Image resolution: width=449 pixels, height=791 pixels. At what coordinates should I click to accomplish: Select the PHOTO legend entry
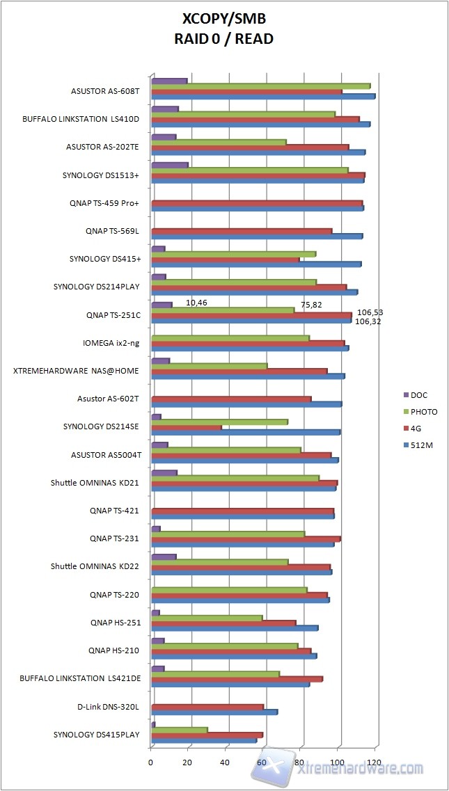pos(424,412)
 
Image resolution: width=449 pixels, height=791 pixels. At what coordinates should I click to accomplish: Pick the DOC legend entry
pos(420,394)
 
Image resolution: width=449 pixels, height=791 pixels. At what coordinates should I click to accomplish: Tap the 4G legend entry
pos(418,429)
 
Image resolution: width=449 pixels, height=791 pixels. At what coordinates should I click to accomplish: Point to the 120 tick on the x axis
pos(375,762)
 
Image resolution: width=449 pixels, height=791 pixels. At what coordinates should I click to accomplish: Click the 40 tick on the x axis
pos(226,762)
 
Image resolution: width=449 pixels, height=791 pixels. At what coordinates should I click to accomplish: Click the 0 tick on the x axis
pos(151,762)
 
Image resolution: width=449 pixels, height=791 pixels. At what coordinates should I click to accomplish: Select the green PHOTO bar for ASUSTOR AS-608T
pos(260,86)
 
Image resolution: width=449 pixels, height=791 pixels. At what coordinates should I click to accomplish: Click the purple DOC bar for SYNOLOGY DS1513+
pos(169,165)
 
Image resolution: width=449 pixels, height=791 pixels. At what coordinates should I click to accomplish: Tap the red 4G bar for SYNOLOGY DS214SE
pos(186,427)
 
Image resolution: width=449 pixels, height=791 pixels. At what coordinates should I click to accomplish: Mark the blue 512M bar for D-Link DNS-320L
pos(214,712)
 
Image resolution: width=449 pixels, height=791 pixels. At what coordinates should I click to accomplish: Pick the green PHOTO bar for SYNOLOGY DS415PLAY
pos(179,730)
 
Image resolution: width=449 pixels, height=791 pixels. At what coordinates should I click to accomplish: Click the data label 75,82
pos(311,304)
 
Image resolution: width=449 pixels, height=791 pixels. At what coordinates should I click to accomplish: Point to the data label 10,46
pos(198,303)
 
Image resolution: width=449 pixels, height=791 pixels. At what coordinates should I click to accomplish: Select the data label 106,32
pos(368,321)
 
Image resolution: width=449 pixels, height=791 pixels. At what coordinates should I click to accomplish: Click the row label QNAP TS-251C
pos(114,315)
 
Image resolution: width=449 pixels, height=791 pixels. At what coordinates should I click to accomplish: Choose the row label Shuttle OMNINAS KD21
pos(95,483)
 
